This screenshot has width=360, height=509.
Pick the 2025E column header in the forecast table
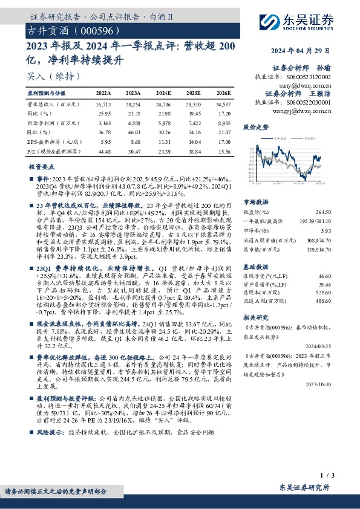click(x=192, y=94)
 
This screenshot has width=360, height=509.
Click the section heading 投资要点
click(x=42, y=166)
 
